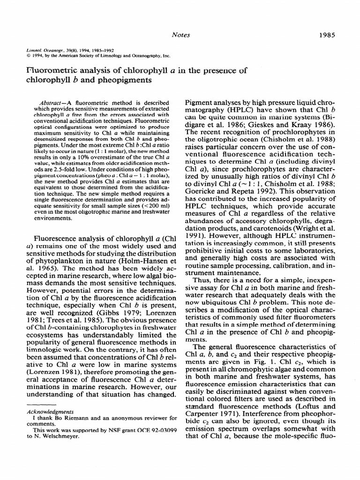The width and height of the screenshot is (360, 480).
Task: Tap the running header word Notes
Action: click(180, 34)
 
